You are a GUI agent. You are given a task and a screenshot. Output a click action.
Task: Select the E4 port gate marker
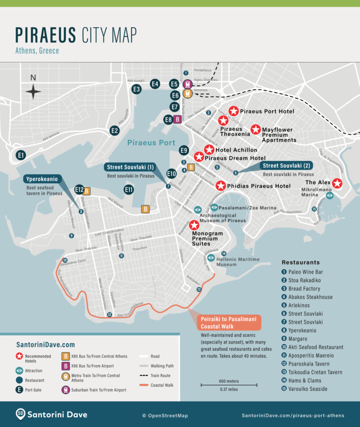pyautogui.click(x=155, y=84)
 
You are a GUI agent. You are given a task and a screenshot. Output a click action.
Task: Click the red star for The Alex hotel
pyautogui.click(x=337, y=183)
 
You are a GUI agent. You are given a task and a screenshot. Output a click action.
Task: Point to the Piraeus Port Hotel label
pyautogui.click(x=267, y=112)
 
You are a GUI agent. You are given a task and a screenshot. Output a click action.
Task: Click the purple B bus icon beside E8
pyautogui.click(x=178, y=120)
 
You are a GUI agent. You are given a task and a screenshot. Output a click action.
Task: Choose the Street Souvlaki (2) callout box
pyautogui.click(x=287, y=165)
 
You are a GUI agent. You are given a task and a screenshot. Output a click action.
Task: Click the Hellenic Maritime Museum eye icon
pyautogui.click(x=211, y=258)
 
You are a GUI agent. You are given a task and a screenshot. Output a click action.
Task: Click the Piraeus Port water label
pyautogui.click(x=151, y=142)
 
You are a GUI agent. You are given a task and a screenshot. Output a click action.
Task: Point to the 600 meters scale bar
pyautogui.click(x=229, y=385)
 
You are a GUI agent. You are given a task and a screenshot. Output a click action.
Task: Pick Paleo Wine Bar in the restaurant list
pyautogui.click(x=306, y=272)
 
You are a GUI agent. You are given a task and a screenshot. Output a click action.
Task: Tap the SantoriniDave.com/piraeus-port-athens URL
pyautogui.click(x=293, y=415)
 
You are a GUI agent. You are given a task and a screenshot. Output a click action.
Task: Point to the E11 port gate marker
pyautogui.click(x=129, y=190)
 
